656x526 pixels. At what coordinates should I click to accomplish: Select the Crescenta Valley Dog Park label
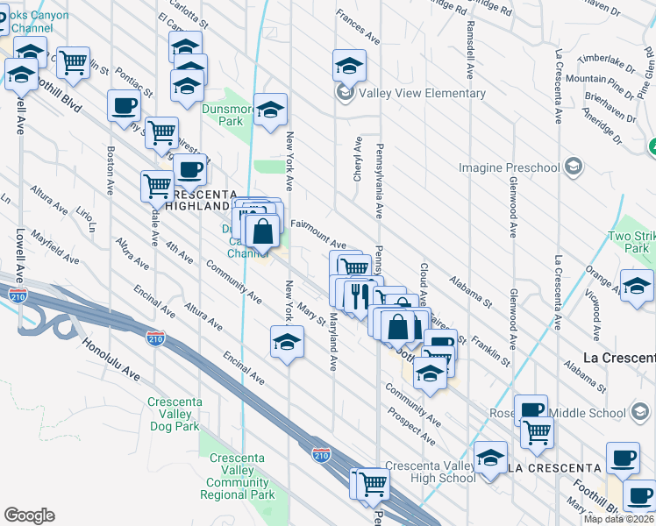click(x=175, y=415)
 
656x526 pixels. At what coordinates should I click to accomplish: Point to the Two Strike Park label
click(x=630, y=243)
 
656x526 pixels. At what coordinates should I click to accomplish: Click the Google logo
click(x=29, y=515)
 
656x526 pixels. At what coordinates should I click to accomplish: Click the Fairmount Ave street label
click(x=318, y=227)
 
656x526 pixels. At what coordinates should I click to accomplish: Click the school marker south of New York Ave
click(x=287, y=342)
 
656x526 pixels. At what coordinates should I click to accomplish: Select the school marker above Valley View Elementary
click(x=349, y=65)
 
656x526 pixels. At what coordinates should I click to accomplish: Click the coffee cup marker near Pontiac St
click(x=123, y=106)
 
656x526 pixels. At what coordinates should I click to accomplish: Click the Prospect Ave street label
click(x=411, y=423)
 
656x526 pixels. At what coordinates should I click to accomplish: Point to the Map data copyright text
click(x=619, y=518)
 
